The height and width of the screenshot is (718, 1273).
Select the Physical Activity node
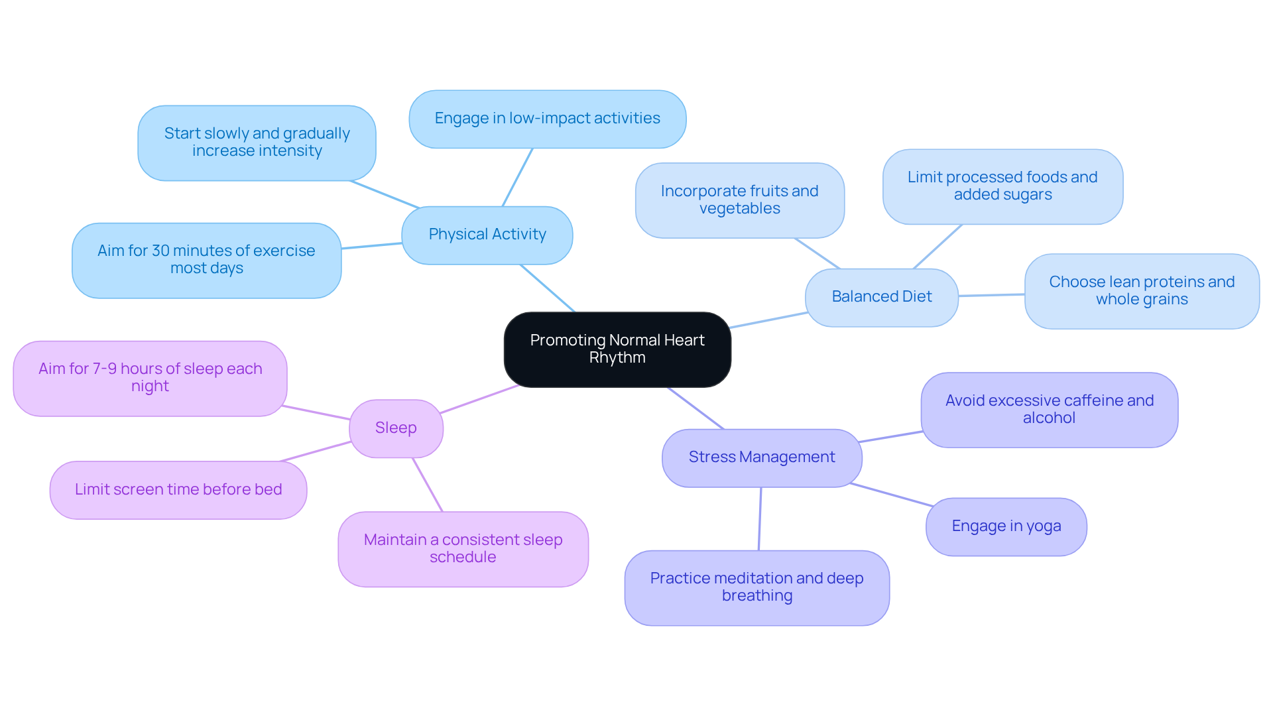pyautogui.click(x=487, y=235)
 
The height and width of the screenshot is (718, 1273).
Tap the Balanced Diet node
pyautogui.click(x=881, y=297)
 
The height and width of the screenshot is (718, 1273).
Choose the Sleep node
pyautogui.click(x=396, y=428)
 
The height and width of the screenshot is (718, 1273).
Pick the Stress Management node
pyautogui.click(x=761, y=457)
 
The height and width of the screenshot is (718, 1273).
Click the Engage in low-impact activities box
pyautogui.click(x=547, y=119)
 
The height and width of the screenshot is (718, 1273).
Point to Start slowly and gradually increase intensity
pyautogui.click(x=257, y=143)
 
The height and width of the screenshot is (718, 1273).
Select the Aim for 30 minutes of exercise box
pyautogui.click(x=206, y=260)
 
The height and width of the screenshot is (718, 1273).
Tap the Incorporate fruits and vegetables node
pyautogui.click(x=739, y=200)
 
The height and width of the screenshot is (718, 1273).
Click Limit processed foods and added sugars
pyautogui.click(x=1002, y=186)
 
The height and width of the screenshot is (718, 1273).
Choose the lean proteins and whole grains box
pyautogui.click(x=1141, y=291)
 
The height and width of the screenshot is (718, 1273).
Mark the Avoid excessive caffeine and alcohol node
pyautogui.click(x=1049, y=410)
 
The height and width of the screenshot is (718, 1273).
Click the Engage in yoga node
pyautogui.click(x=1006, y=526)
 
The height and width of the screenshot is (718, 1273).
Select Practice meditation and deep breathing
pyautogui.click(x=757, y=587)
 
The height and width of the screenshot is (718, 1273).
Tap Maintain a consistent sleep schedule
pyautogui.click(x=463, y=549)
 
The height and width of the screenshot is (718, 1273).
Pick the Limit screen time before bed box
pyautogui.click(x=178, y=490)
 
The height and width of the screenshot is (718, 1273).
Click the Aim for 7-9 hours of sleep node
pyautogui.click(x=150, y=378)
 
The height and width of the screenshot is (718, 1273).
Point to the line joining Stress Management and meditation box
pyautogui.click(x=760, y=518)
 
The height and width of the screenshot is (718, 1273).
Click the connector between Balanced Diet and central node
pyautogui.click(x=768, y=320)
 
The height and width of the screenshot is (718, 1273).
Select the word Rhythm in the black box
pyautogui.click(x=617, y=358)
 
